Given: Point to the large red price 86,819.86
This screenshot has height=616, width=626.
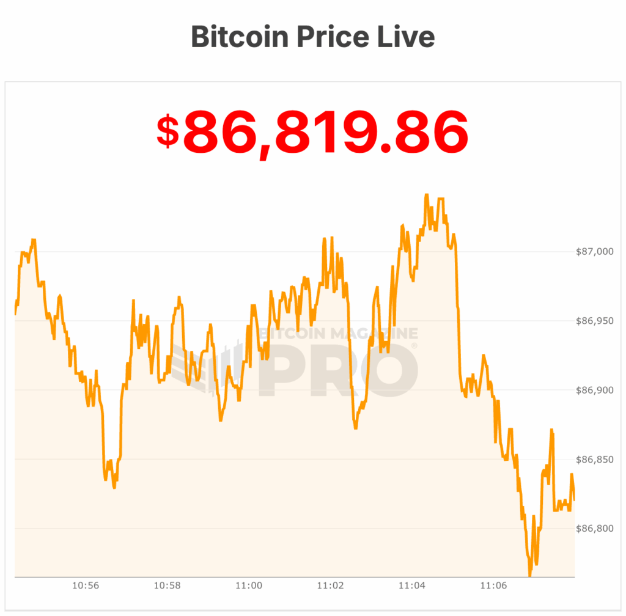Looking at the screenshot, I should (325, 131).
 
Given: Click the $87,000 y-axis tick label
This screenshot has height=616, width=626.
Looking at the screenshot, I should (594, 252).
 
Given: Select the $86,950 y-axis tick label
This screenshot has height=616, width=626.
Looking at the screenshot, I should (594, 321).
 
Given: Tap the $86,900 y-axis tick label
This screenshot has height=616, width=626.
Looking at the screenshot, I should (594, 390).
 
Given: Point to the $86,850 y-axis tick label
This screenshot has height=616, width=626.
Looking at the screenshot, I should (594, 459).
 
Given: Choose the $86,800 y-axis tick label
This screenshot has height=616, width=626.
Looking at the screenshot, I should (594, 528).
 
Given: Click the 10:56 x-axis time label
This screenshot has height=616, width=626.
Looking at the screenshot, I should (86, 585).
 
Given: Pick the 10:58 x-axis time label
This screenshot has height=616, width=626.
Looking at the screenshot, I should (167, 585).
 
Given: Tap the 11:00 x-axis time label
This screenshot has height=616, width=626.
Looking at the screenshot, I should (249, 585).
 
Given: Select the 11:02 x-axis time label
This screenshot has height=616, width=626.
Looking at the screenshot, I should (330, 585).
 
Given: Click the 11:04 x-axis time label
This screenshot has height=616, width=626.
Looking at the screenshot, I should (412, 585).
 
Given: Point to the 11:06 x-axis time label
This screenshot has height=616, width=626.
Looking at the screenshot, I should (493, 585).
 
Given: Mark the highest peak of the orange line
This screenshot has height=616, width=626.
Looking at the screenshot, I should (426, 195).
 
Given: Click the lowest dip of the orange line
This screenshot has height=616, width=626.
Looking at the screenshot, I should (529, 574).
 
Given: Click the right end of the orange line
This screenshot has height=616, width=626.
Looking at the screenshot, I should (574, 499).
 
